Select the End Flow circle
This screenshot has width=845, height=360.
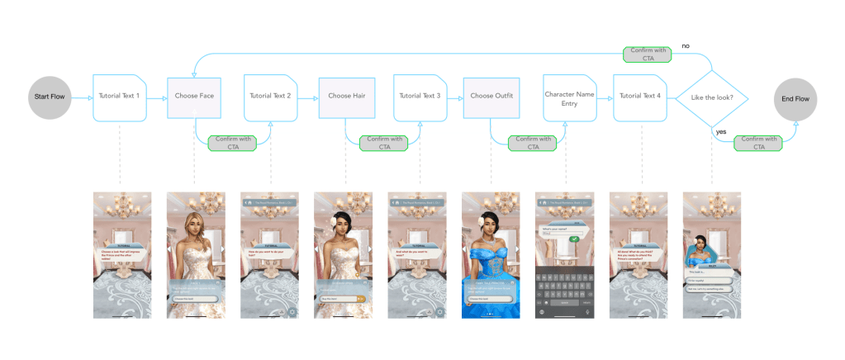pyautogui.click(x=796, y=99)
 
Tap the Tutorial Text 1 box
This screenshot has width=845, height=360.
pyautogui.click(x=120, y=97)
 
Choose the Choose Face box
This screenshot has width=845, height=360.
pyautogui.click(x=195, y=97)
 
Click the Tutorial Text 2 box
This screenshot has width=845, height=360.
pyautogui.click(x=270, y=97)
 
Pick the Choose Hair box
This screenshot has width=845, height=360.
pyautogui.click(x=345, y=97)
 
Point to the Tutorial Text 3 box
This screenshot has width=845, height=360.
pyautogui.click(x=420, y=97)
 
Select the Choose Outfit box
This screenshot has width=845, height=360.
pyautogui.click(x=491, y=97)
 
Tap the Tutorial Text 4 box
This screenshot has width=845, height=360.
pyautogui.click(x=641, y=97)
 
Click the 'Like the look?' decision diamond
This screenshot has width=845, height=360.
pyautogui.click(x=711, y=98)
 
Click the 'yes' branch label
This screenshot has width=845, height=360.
pyautogui.click(x=721, y=131)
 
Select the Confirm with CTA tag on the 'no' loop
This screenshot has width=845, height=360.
pyautogui.click(x=647, y=54)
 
